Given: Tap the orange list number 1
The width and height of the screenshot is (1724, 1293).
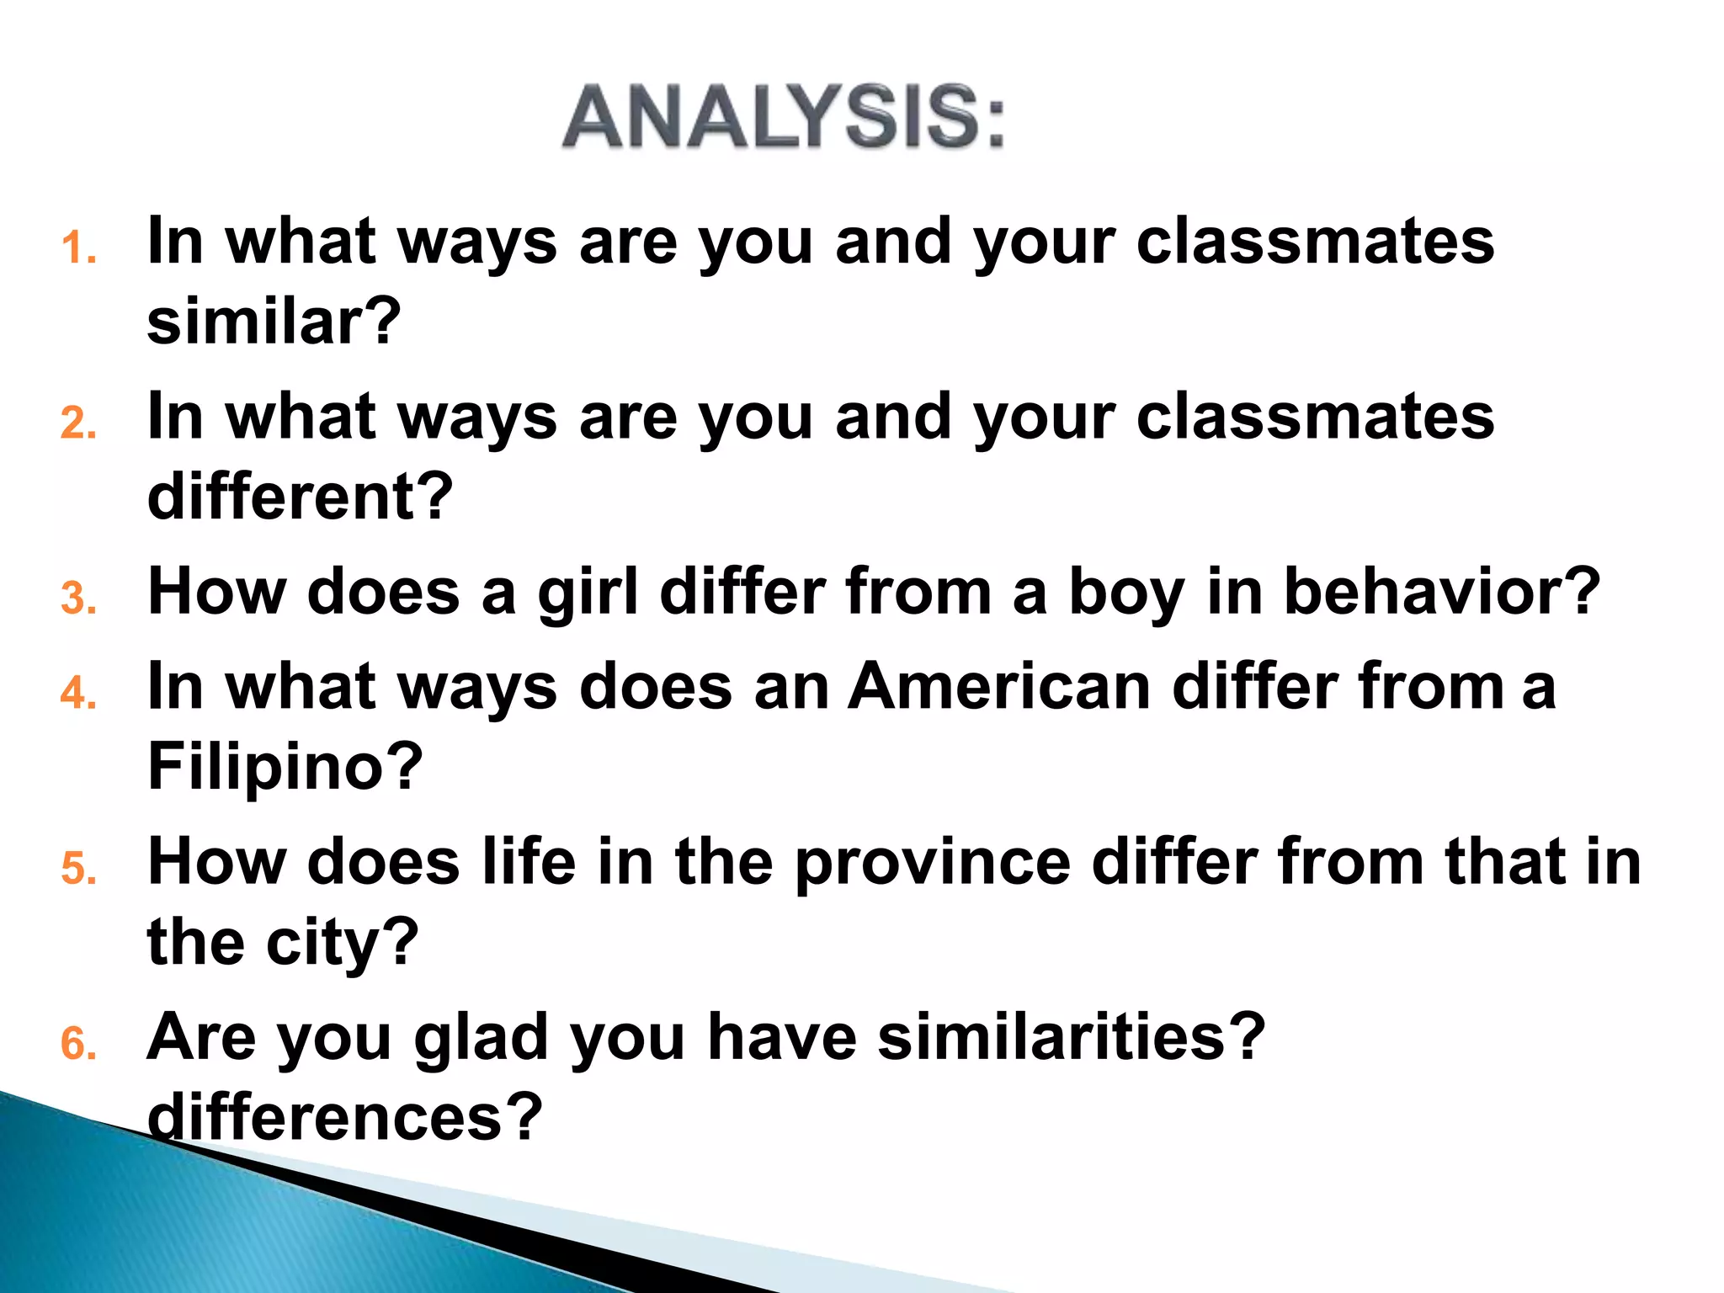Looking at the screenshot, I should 78,248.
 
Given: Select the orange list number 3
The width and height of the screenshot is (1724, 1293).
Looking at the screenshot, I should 78,599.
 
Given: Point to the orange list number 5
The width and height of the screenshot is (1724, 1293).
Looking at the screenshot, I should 78,868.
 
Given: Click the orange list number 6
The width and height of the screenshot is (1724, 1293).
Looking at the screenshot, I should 78,1044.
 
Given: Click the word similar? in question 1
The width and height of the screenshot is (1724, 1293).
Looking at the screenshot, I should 274,322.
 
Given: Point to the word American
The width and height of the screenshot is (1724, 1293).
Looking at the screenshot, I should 998,687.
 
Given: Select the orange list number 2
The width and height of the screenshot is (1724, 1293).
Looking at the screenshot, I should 78,423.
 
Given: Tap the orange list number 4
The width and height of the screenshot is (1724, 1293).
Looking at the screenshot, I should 78,693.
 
